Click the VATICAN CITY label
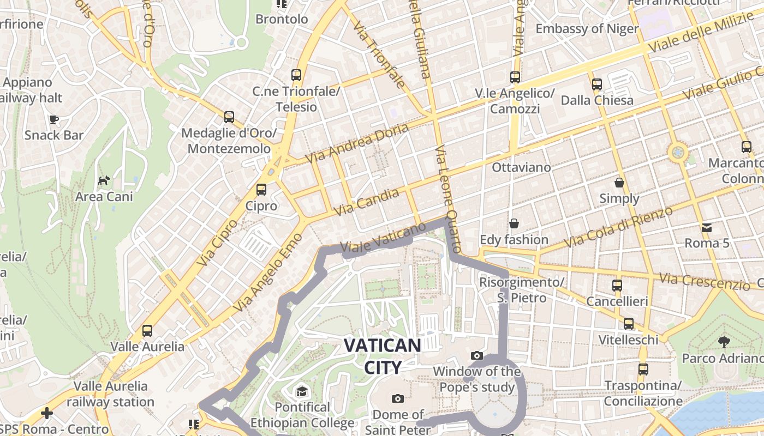[x=383, y=356]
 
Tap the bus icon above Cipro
[x=261, y=190]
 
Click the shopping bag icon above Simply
[x=619, y=183]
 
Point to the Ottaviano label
[x=521, y=167]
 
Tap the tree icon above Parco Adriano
[x=724, y=342]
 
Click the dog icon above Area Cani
[x=104, y=180]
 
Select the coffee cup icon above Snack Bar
[x=53, y=119]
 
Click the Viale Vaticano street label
[x=382, y=240]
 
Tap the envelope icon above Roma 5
[x=707, y=227]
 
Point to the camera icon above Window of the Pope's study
[x=476, y=356]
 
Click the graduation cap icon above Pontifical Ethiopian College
[x=302, y=391]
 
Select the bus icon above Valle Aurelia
[x=147, y=330]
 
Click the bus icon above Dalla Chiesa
[x=597, y=84]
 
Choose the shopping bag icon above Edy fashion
[x=514, y=223]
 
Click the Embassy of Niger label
[x=587, y=28]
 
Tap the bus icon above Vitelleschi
[x=629, y=324]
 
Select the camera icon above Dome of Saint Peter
[x=398, y=398]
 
